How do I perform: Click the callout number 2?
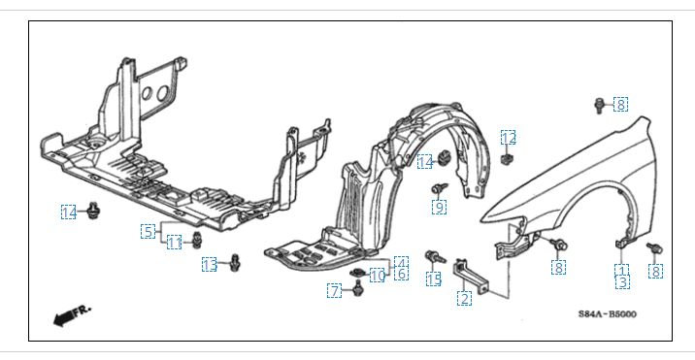pyautogui.click(x=464, y=298)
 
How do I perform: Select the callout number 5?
pyautogui.click(x=149, y=231)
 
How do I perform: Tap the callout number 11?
pyautogui.click(x=174, y=242)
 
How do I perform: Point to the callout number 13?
pyautogui.click(x=210, y=265)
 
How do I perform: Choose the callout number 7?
pyautogui.click(x=335, y=291)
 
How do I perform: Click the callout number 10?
pyautogui.click(x=378, y=276)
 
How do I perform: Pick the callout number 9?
pyautogui.click(x=439, y=207)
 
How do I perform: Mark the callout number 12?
pyautogui.click(x=509, y=138)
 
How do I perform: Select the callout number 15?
pyautogui.click(x=434, y=278)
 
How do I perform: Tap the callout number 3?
pyautogui.click(x=622, y=282)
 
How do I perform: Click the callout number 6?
pyautogui.click(x=401, y=274)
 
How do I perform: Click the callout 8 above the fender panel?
pyautogui.click(x=620, y=104)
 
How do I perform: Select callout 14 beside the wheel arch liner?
pyautogui.click(x=424, y=162)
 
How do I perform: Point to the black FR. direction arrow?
pyautogui.click(x=71, y=314)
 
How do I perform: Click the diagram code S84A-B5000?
pyautogui.click(x=607, y=313)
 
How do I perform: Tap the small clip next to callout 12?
pyautogui.click(x=506, y=159)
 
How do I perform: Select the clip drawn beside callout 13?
pyautogui.click(x=235, y=262)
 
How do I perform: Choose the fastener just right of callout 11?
pyautogui.click(x=196, y=240)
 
